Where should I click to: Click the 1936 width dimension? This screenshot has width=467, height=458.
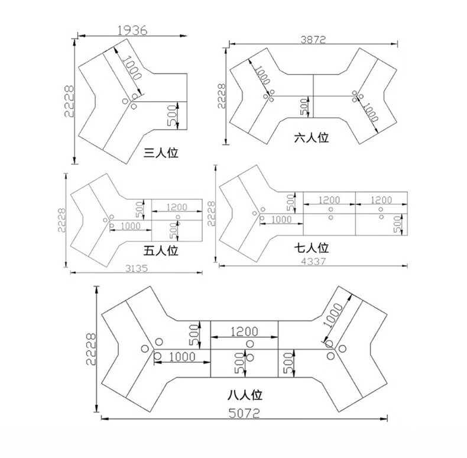(132, 30)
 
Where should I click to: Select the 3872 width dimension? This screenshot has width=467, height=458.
(313, 40)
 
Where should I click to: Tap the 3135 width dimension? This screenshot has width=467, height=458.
(137, 269)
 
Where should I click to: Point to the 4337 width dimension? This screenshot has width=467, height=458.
(313, 262)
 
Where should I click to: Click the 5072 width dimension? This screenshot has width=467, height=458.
(244, 413)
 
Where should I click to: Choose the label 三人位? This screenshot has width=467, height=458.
(161, 153)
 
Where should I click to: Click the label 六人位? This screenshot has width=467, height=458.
(312, 138)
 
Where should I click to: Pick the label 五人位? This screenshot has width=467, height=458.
(161, 250)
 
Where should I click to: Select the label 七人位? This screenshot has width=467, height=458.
(312, 248)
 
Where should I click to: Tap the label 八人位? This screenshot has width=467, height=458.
(245, 395)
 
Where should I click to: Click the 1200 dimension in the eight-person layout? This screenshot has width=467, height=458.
(244, 331)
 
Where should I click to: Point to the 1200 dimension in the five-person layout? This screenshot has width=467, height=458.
(177, 207)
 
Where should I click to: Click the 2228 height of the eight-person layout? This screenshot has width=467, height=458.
(91, 349)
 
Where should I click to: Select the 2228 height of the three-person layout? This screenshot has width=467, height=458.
(69, 101)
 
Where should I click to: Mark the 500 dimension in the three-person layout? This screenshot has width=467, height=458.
(172, 115)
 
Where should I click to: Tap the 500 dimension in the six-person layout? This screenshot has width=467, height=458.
(304, 107)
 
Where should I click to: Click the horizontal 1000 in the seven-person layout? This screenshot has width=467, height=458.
(281, 220)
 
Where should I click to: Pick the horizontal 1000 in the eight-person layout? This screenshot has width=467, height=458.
(182, 356)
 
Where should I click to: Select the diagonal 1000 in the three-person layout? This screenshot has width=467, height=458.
(131, 68)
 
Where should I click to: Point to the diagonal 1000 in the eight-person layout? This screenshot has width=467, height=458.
(333, 315)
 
